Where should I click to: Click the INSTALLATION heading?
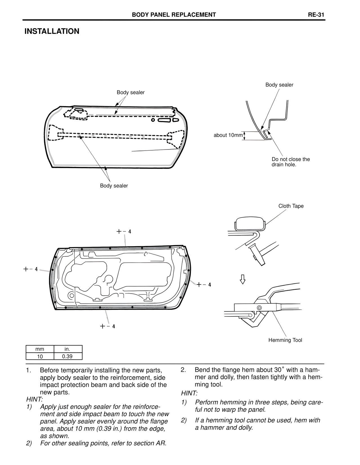tap(52, 31)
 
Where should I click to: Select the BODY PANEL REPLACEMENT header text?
tap(174, 15)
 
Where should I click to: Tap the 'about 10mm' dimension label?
tap(228, 135)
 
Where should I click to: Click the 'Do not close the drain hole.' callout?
tap(291, 162)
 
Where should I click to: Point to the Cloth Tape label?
tap(291, 206)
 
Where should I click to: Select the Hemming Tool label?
tap(285, 340)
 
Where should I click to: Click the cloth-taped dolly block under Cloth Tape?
tap(249, 224)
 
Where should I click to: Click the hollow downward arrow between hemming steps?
tap(242, 279)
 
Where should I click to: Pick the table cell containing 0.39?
tap(67, 356)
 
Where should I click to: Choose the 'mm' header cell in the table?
tap(40, 349)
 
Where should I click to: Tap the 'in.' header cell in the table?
tap(67, 349)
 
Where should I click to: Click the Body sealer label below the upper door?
tap(114, 186)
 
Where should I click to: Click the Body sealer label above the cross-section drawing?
tap(279, 85)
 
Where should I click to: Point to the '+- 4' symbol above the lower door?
tap(124, 232)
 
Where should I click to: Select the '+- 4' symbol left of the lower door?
tap(30, 269)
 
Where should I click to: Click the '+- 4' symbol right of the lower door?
tap(204, 285)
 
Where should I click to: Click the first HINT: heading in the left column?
tap(34, 399)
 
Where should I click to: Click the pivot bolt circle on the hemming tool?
tap(259, 307)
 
